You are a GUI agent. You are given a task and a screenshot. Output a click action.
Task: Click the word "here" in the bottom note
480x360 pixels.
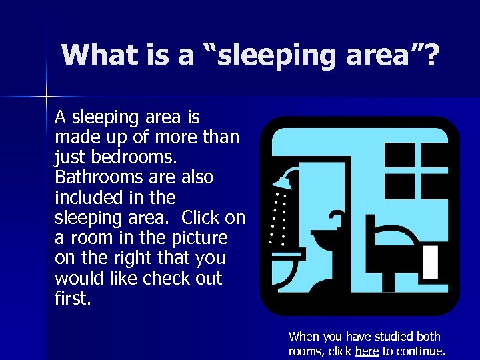pyautogui.click(x=367, y=351)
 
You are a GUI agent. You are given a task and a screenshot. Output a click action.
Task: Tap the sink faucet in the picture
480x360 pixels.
pyautogui.click(x=338, y=216)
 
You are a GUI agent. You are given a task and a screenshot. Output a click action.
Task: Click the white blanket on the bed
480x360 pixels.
pyautogui.click(x=431, y=261)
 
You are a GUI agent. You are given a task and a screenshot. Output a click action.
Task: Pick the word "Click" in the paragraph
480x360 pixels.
pyautogui.click(x=205, y=217)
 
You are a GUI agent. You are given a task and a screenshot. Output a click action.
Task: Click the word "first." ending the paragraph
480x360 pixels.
pyautogui.click(x=73, y=298)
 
